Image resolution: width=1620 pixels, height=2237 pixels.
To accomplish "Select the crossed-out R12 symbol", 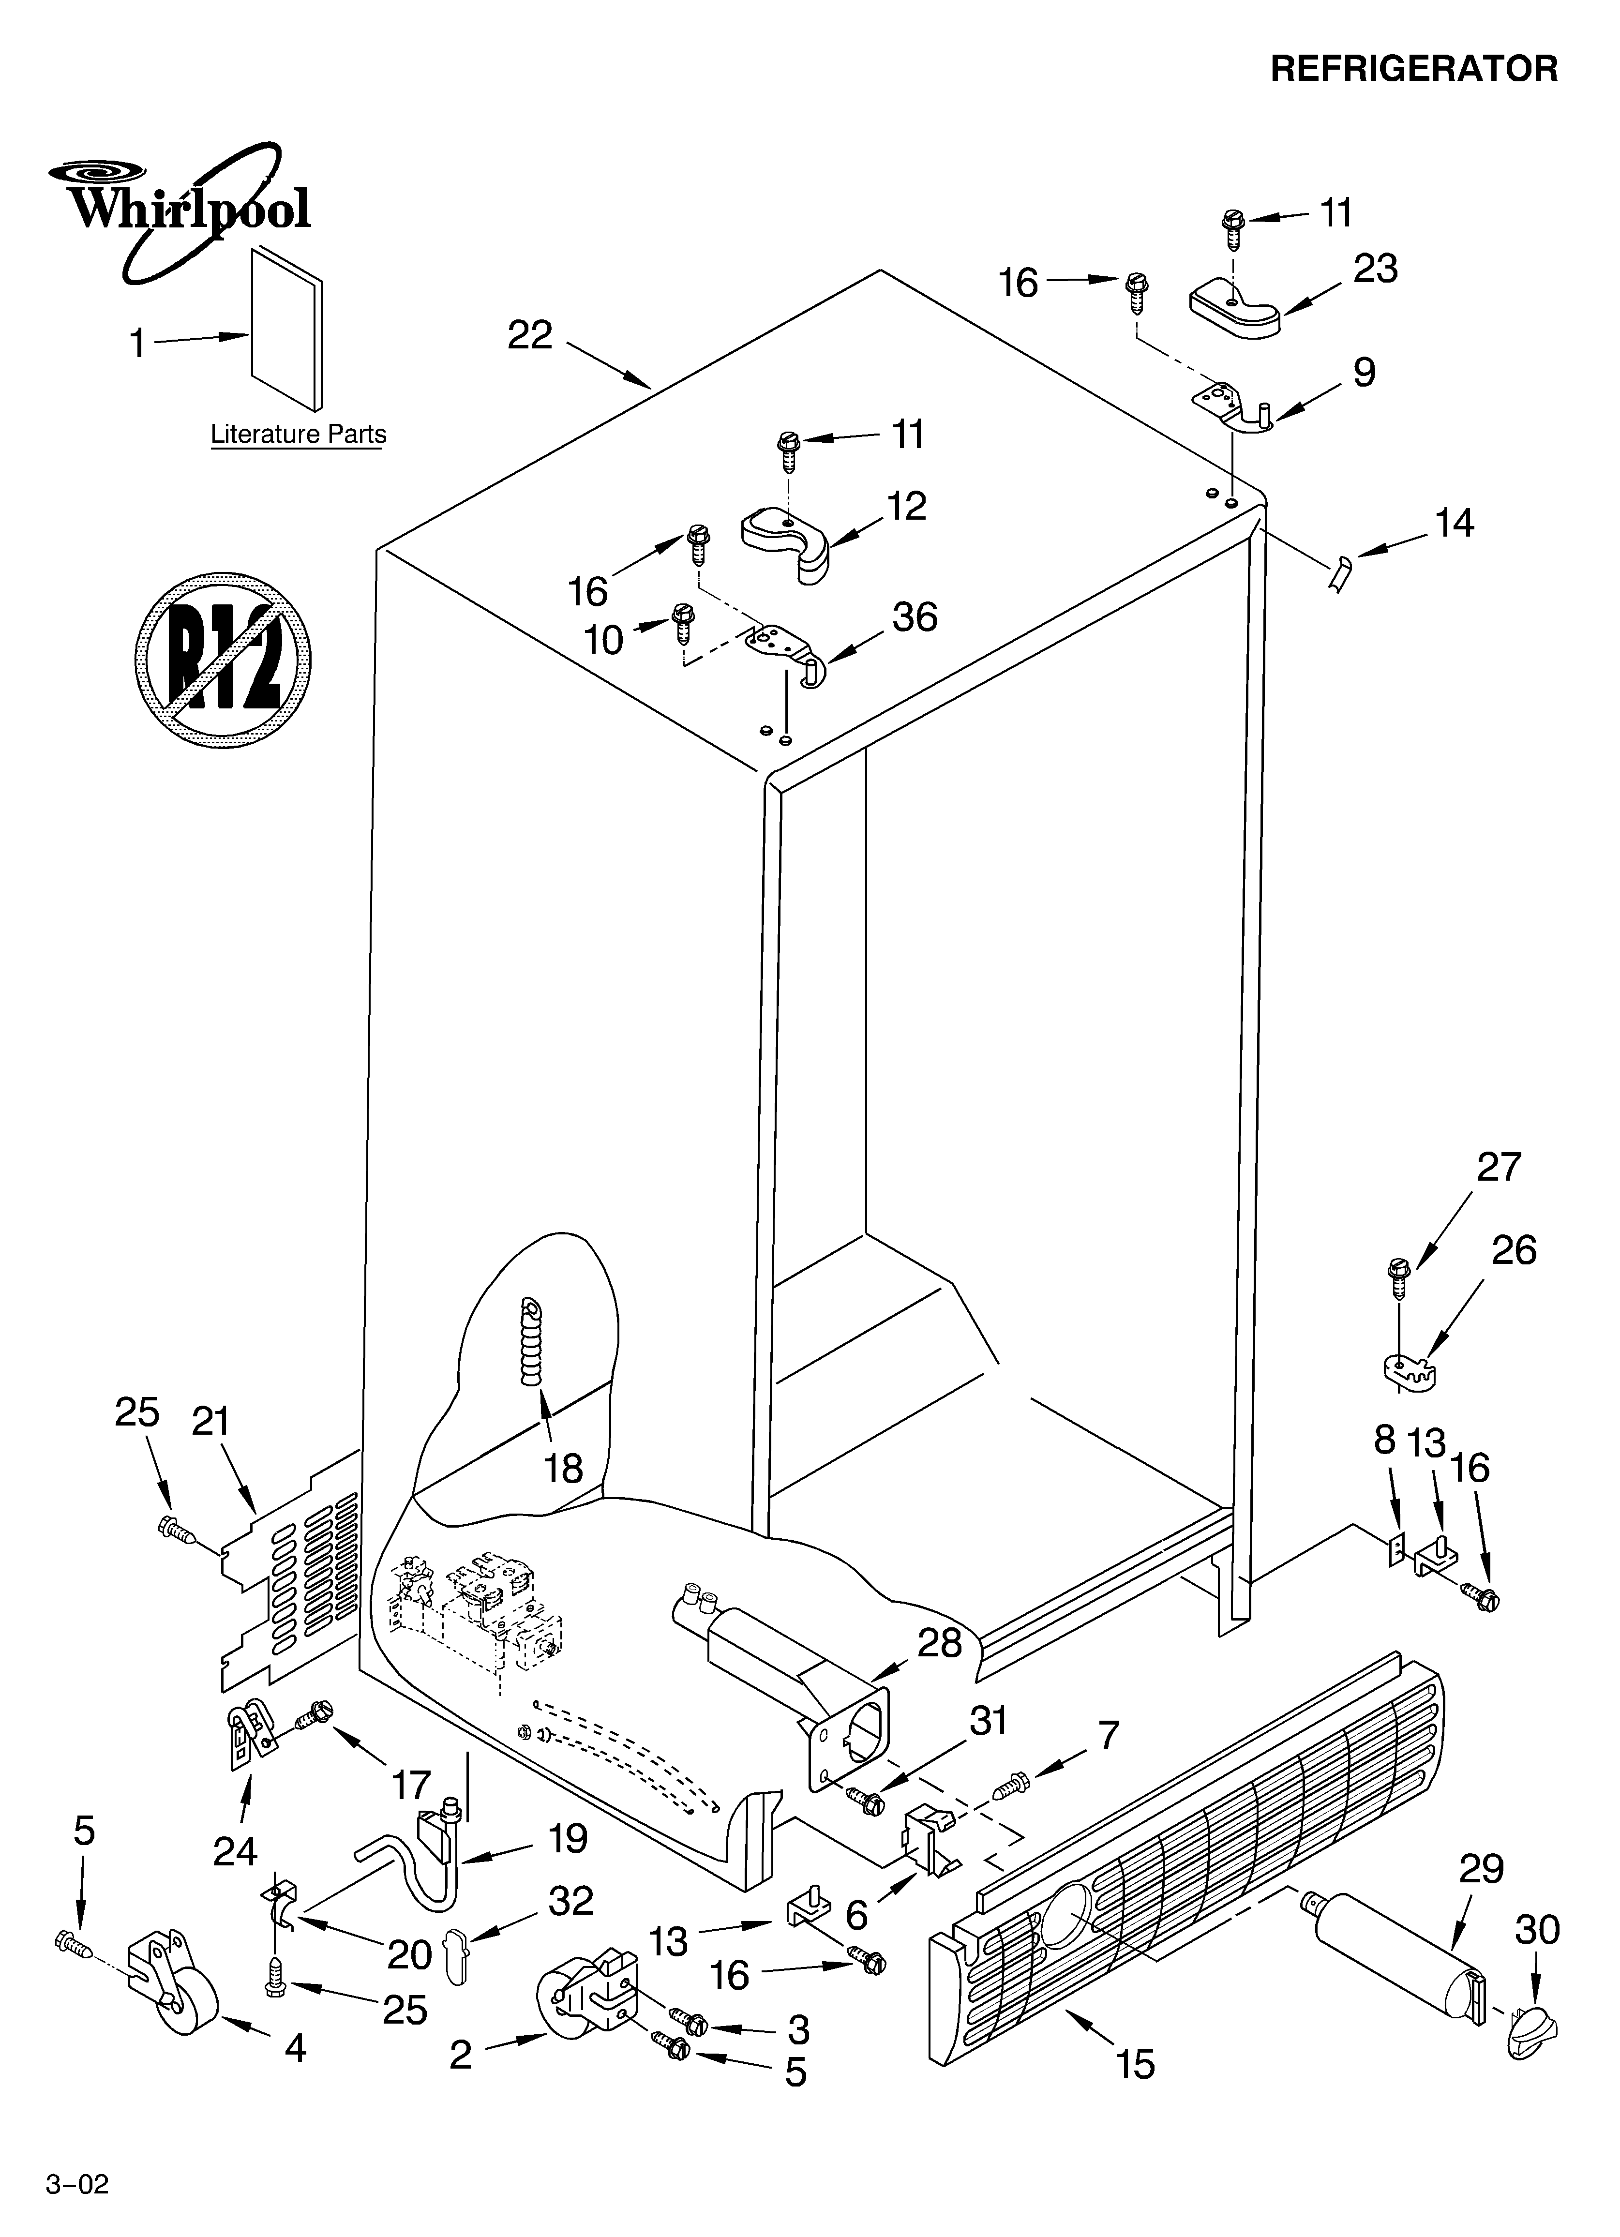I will (223, 658).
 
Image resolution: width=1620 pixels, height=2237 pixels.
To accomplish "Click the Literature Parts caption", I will (298, 434).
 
